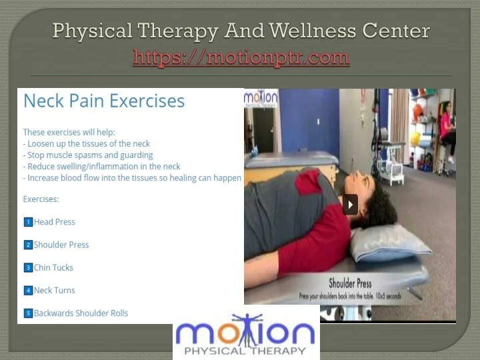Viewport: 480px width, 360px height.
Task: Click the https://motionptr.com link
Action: pos(241,57)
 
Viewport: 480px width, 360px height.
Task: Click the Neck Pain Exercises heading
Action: pos(104,101)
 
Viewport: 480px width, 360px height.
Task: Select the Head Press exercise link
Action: pos(54,222)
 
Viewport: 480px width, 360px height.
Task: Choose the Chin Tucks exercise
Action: pos(53,267)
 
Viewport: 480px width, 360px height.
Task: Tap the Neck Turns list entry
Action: pos(54,290)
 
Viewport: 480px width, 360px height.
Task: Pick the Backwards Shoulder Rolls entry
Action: pos(81,313)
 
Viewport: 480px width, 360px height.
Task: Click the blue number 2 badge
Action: pos(28,245)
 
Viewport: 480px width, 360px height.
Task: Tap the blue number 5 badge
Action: pos(28,313)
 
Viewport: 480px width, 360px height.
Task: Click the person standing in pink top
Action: pos(447,130)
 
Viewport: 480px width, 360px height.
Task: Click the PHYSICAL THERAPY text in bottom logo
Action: pos(245,350)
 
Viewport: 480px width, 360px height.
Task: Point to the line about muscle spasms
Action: pos(87,155)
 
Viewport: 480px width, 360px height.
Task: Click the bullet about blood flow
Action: pos(132,178)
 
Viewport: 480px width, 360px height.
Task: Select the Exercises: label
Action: pos(41,199)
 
